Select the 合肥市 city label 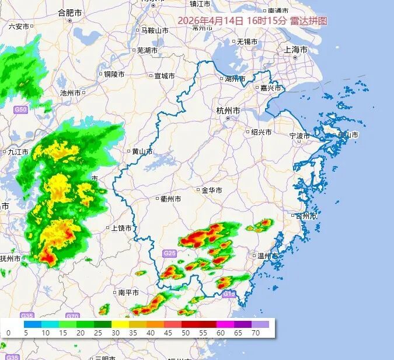[71, 12]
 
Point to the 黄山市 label [142, 151]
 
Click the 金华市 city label [212, 191]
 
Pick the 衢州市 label [170, 199]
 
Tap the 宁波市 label [301, 136]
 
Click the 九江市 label [18, 151]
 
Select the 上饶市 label [121, 228]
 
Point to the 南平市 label [128, 292]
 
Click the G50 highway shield [21, 109]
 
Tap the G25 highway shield [170, 253]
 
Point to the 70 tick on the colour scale [256, 333]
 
